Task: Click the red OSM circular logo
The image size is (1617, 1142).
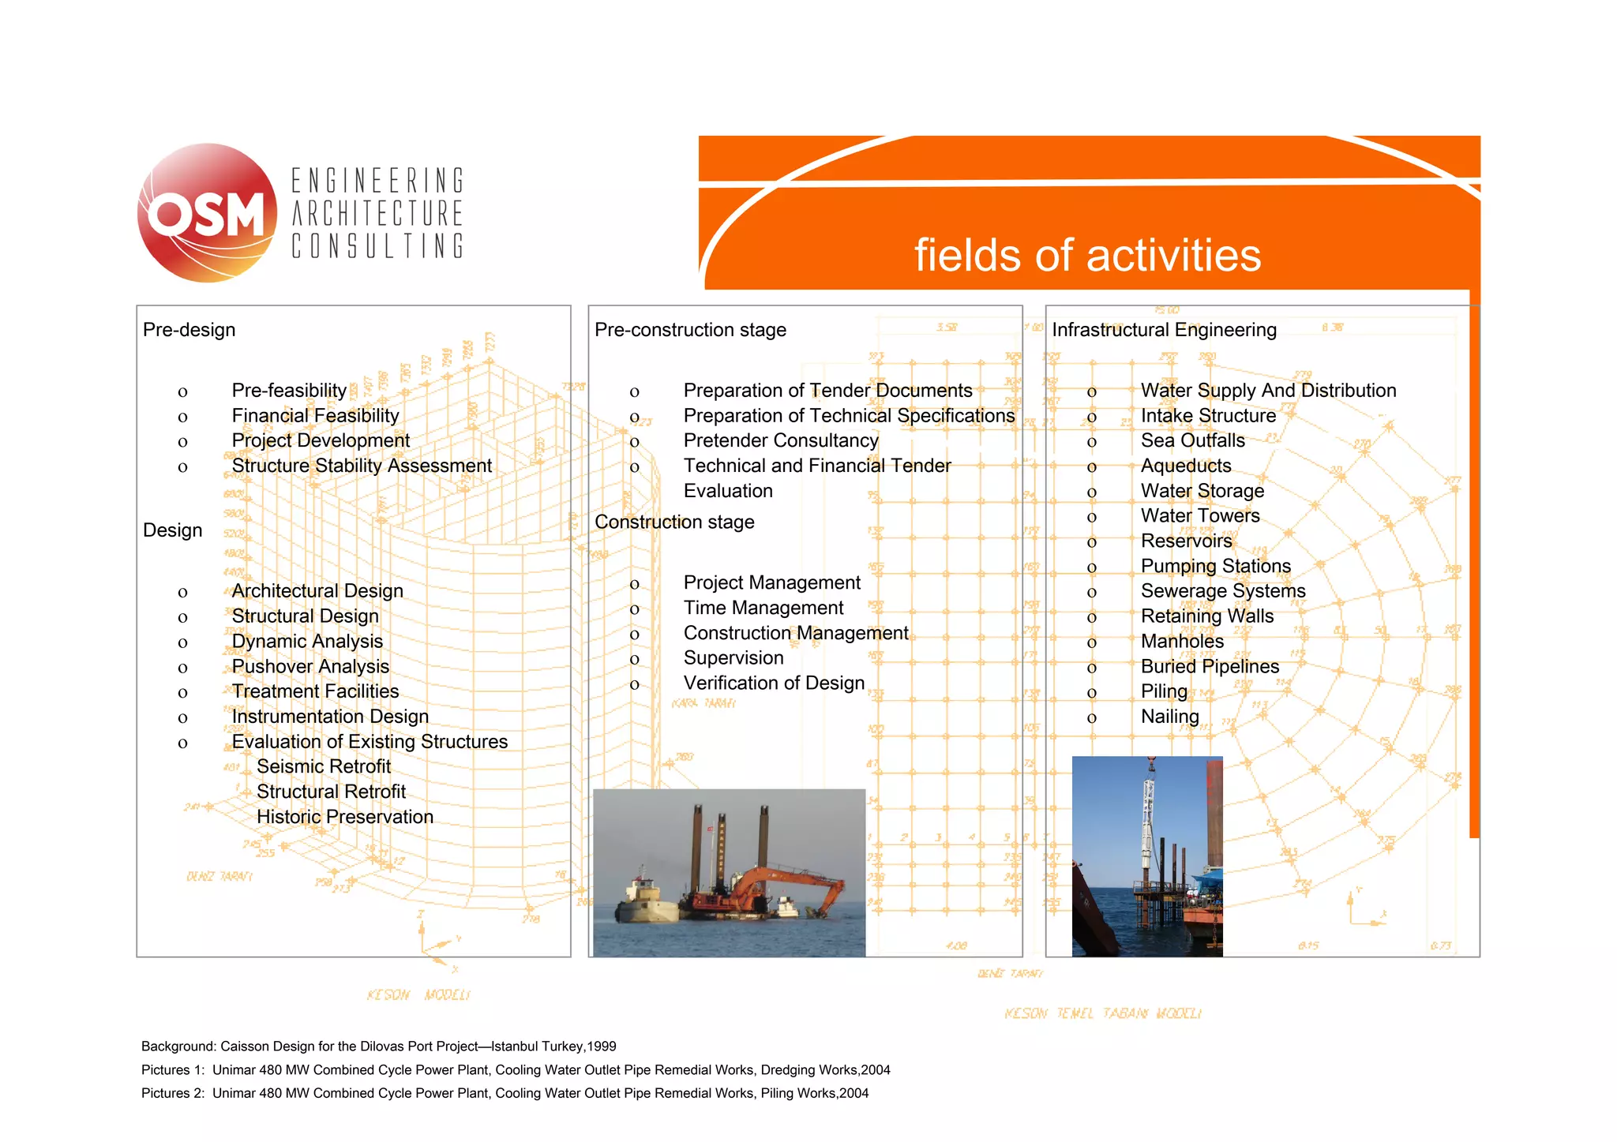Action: (207, 213)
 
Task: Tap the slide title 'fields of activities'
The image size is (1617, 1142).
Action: (1087, 256)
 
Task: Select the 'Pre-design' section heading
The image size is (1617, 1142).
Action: (189, 330)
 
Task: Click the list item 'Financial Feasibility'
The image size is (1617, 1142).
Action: (315, 416)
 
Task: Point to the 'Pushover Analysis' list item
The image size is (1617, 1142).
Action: (310, 667)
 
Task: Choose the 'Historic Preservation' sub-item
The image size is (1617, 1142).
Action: (345, 817)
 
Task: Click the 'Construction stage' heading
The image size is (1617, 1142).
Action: (674, 522)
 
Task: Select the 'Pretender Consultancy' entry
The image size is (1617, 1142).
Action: (781, 440)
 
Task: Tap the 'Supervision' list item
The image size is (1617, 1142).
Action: (733, 658)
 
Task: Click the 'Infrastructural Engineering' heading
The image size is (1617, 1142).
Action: (1164, 330)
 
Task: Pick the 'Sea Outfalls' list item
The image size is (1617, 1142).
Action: (1192, 440)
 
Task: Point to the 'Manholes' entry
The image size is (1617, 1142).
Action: (1182, 642)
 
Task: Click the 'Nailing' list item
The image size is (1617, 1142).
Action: (1169, 717)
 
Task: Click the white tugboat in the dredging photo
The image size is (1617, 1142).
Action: (643, 900)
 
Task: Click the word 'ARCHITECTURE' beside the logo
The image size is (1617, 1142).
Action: (377, 213)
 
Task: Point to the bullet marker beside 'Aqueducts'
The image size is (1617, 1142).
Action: (1092, 467)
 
